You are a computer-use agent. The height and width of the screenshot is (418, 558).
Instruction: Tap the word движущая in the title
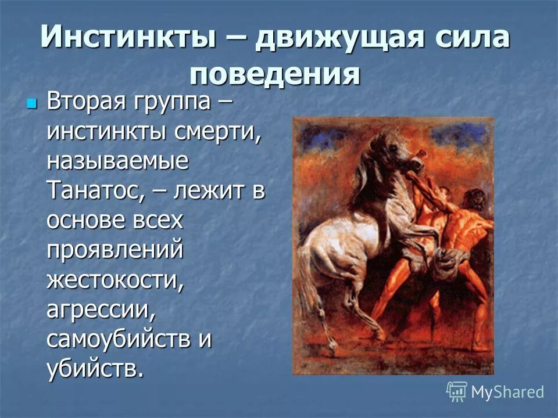(332, 39)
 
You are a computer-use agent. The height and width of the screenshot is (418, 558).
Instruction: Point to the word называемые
(118, 161)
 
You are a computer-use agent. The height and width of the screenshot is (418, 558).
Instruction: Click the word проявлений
(115, 251)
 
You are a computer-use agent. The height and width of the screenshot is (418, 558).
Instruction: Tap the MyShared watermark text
(507, 392)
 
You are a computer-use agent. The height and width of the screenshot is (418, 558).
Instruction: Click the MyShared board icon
(457, 392)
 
